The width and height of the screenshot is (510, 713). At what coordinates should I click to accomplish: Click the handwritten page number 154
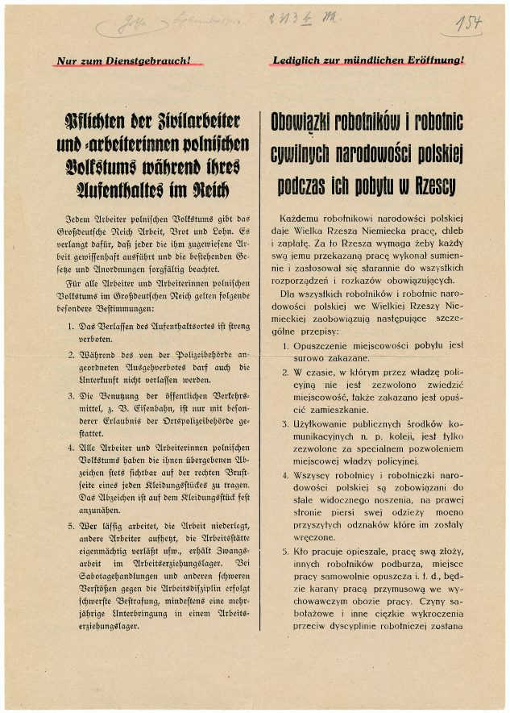coord(467,23)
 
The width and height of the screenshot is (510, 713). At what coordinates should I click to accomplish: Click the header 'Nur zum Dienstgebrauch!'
coord(130,60)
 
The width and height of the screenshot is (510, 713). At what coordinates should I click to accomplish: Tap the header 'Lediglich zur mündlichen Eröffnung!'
coord(369,60)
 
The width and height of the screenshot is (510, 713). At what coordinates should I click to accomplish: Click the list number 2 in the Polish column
coord(285,373)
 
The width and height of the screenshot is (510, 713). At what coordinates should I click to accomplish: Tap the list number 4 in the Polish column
coord(285,475)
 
